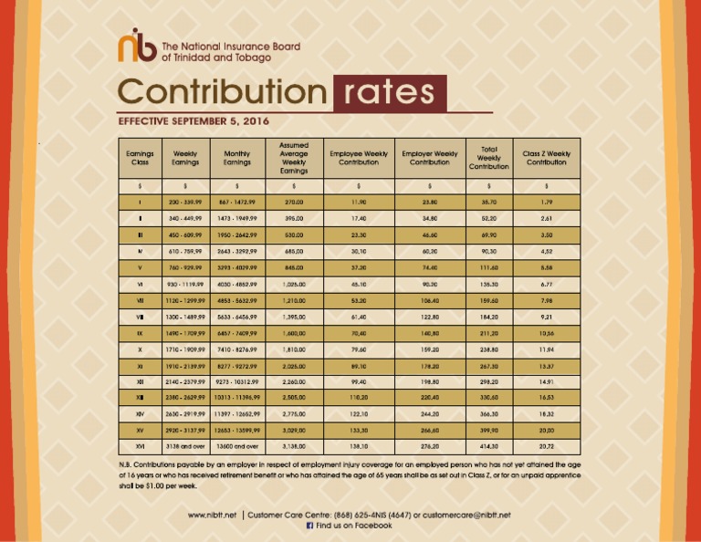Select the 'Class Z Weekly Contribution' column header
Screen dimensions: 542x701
point(547,158)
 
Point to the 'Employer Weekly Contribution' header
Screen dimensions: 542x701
point(430,158)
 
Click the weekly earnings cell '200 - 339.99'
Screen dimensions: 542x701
point(184,200)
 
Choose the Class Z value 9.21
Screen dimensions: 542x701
point(547,317)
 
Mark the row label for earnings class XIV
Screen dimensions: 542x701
point(139,413)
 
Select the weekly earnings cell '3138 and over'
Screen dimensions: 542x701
point(184,447)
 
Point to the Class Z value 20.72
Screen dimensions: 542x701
point(547,447)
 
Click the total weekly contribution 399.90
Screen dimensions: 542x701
point(488,430)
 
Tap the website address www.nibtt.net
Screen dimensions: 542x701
point(213,515)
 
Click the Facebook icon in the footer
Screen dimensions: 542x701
point(309,526)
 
